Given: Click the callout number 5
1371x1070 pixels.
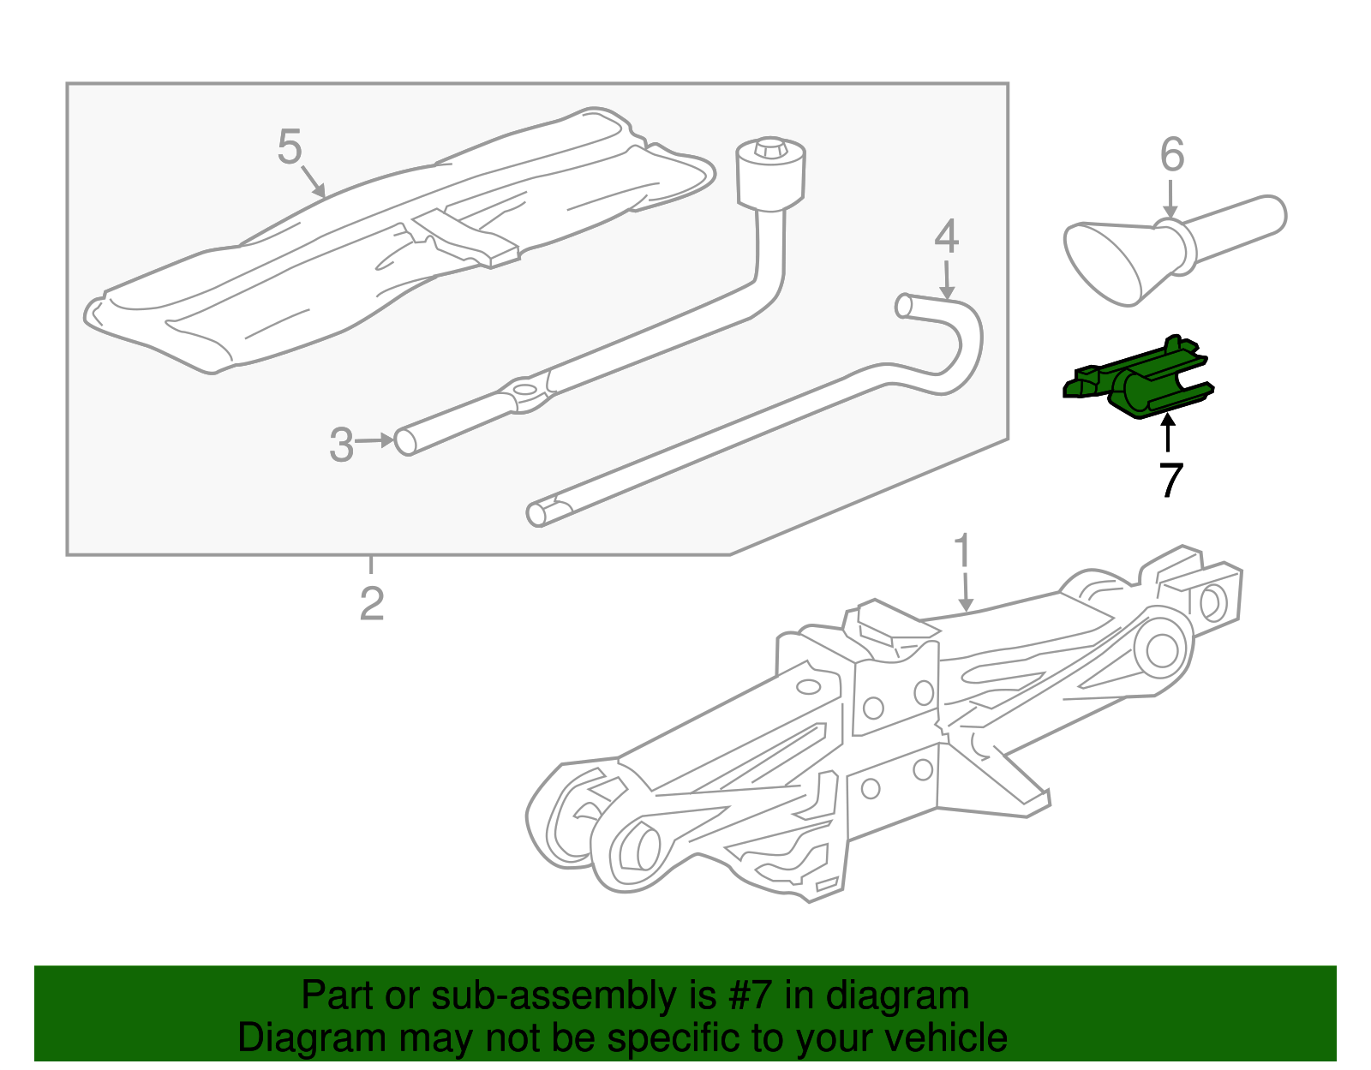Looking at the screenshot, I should [x=290, y=146].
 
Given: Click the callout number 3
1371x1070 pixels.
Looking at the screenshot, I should [x=341, y=445].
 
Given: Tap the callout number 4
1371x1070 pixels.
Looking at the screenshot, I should [x=946, y=236].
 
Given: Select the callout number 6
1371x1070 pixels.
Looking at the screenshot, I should [x=1172, y=155].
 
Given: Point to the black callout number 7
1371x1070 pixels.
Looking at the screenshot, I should [x=1170, y=480].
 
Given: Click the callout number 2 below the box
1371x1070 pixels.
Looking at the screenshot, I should [x=372, y=604].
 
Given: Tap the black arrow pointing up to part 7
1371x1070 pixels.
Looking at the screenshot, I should [x=1167, y=433].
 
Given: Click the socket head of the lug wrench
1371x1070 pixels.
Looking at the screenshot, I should [x=770, y=174].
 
